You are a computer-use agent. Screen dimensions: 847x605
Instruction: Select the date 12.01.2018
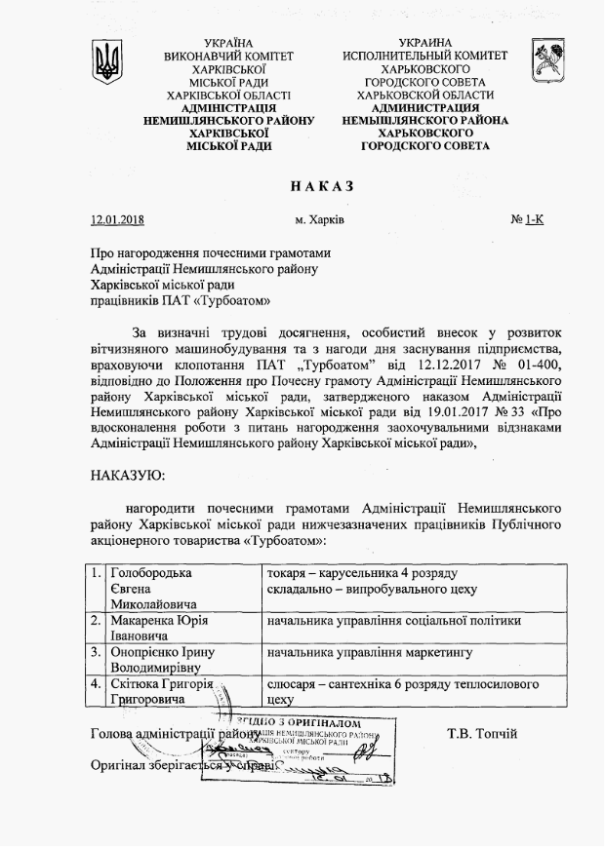click(117, 220)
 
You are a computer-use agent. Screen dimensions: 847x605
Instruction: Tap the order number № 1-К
click(527, 220)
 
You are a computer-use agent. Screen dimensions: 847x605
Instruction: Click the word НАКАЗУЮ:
click(127, 475)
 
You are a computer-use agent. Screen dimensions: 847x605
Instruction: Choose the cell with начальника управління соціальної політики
click(394, 620)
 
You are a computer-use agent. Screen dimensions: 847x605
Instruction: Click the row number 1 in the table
click(96, 572)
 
